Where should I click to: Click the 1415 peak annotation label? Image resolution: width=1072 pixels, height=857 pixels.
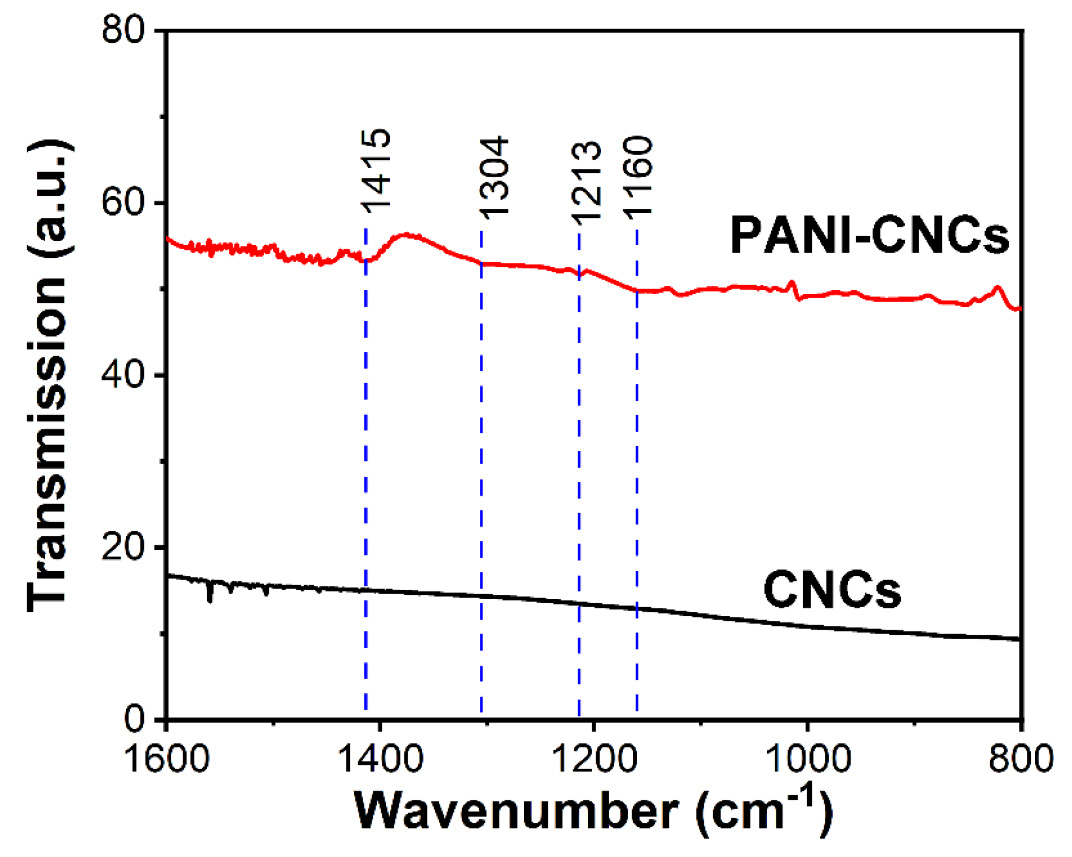[376, 171]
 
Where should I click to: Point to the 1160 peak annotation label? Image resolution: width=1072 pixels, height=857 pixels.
[637, 177]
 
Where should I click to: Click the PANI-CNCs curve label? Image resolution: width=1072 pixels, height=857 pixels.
[869, 236]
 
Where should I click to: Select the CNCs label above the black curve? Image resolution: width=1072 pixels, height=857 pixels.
[832, 590]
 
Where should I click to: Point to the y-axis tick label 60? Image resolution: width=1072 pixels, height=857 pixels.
[123, 203]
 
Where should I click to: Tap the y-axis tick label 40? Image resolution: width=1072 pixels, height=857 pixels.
[123, 375]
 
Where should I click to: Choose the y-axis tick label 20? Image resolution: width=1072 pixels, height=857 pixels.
[123, 547]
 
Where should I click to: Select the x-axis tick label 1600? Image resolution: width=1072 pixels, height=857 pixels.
[167, 758]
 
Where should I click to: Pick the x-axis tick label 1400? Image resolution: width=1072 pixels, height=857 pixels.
[380, 758]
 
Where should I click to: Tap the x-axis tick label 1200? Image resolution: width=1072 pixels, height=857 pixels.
[594, 758]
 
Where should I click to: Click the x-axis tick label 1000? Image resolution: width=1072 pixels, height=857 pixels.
[808, 758]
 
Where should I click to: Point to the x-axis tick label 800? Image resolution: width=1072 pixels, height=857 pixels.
[1021, 758]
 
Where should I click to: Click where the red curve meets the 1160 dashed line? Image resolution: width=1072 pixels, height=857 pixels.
[637, 290]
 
